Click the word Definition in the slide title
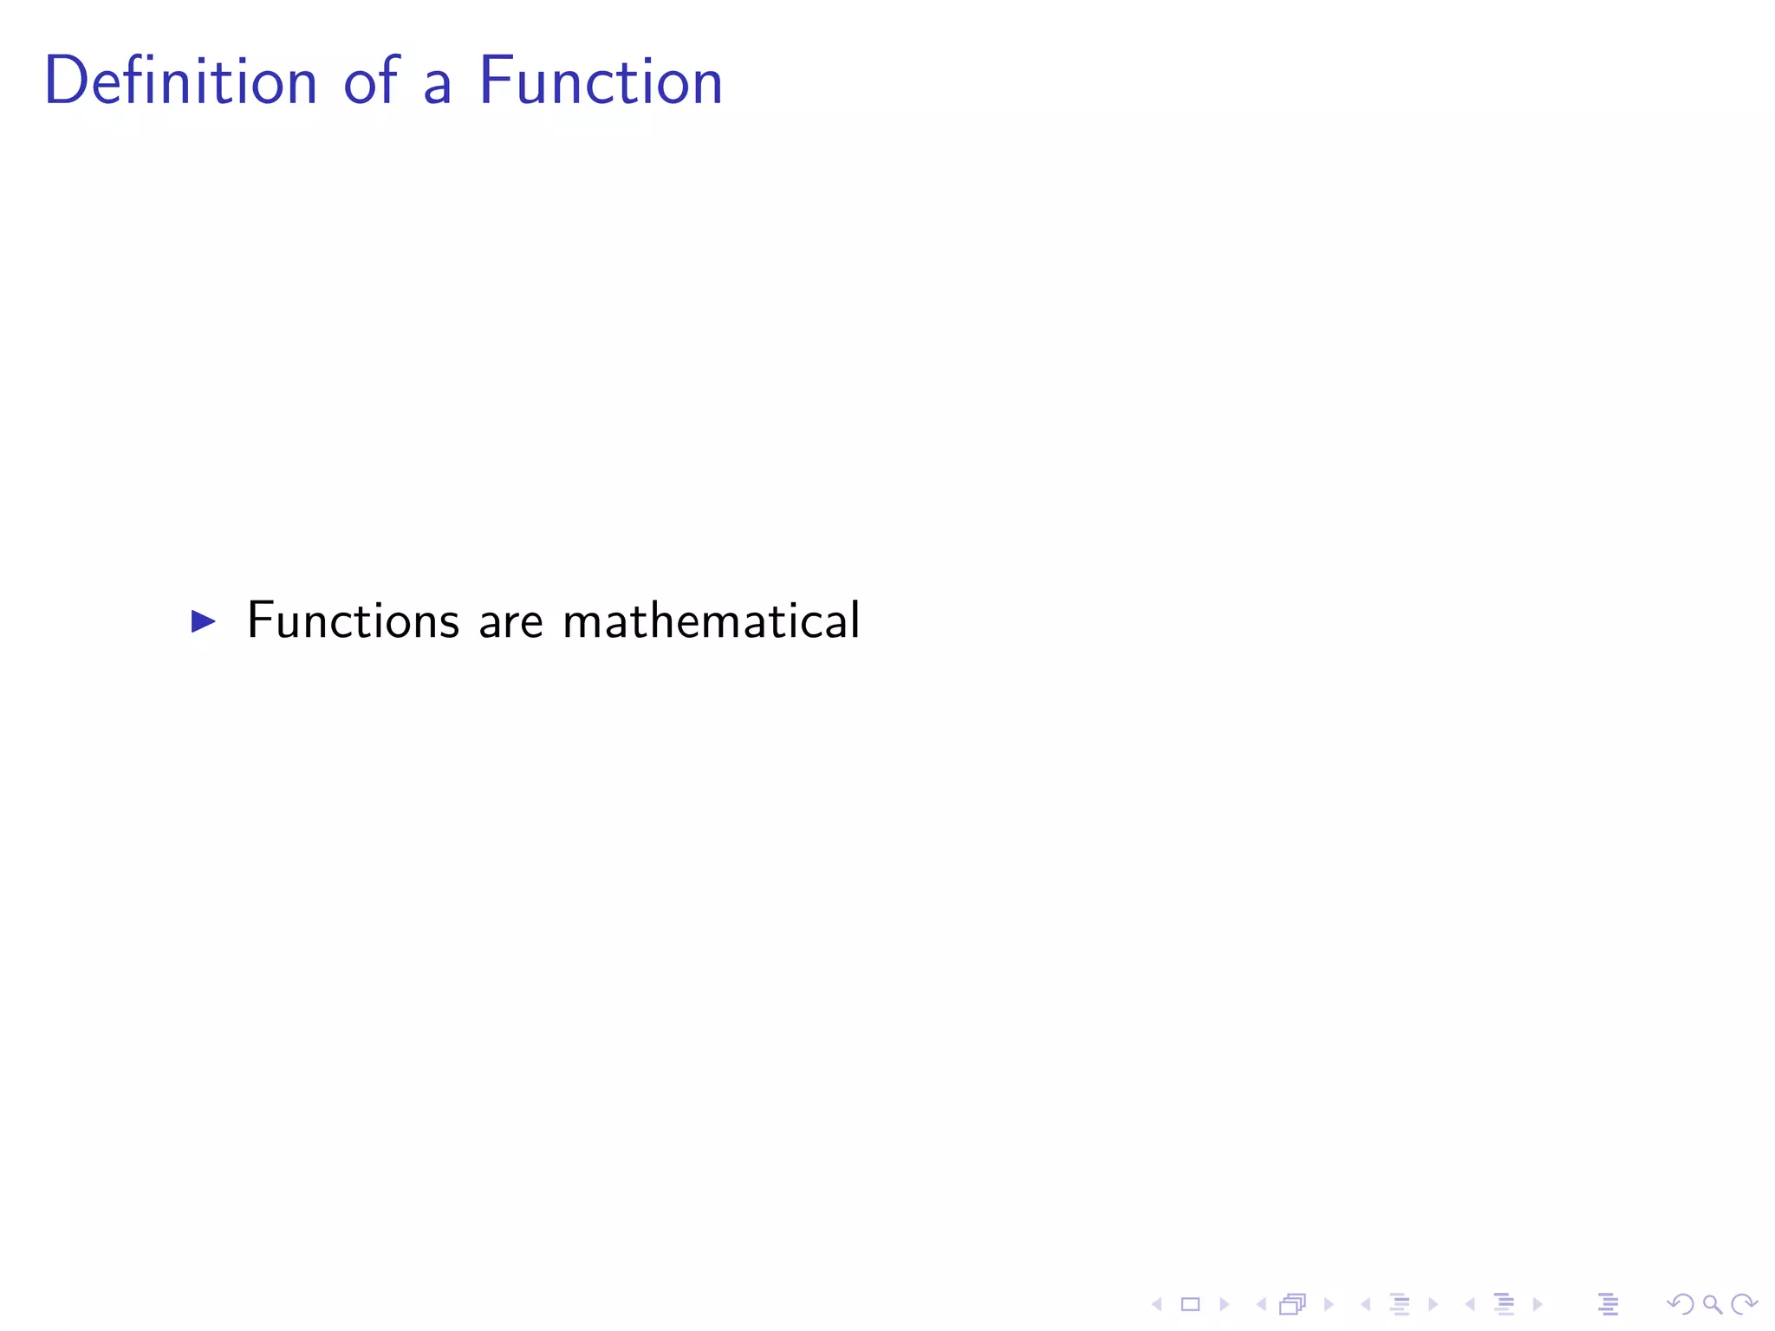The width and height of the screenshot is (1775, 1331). pyautogui.click(x=180, y=81)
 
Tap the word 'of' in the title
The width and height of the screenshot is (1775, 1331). pyautogui.click(x=372, y=81)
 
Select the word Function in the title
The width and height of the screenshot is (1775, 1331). pyautogui.click(x=601, y=81)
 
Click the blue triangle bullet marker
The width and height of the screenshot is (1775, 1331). pyautogui.click(x=203, y=620)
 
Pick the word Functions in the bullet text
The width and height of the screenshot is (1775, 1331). pyautogui.click(x=353, y=620)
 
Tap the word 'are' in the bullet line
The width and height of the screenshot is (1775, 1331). pyautogui.click(x=510, y=624)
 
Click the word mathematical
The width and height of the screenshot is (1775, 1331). pyautogui.click(x=711, y=620)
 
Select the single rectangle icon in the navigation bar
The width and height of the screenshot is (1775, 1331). pyautogui.click(x=1190, y=1304)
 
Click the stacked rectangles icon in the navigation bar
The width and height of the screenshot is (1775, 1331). pyautogui.click(x=1292, y=1304)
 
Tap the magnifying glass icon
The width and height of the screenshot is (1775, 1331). pyautogui.click(x=1712, y=1304)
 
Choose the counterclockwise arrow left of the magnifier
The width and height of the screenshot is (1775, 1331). pyautogui.click(x=1680, y=1304)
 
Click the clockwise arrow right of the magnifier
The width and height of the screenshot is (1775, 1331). pyautogui.click(x=1744, y=1304)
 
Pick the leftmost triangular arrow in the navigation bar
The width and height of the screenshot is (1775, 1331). pyautogui.click(x=1156, y=1304)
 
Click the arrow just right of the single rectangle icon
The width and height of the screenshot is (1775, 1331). pyautogui.click(x=1225, y=1304)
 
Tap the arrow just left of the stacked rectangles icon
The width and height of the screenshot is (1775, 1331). pyautogui.click(x=1261, y=1304)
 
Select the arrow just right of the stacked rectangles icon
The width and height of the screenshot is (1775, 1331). pyautogui.click(x=1329, y=1304)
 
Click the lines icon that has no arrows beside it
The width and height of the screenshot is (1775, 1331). pyautogui.click(x=1608, y=1304)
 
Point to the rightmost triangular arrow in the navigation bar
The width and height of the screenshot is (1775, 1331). pyautogui.click(x=1538, y=1304)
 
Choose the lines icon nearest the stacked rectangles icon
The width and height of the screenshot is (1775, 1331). pyautogui.click(x=1400, y=1304)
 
